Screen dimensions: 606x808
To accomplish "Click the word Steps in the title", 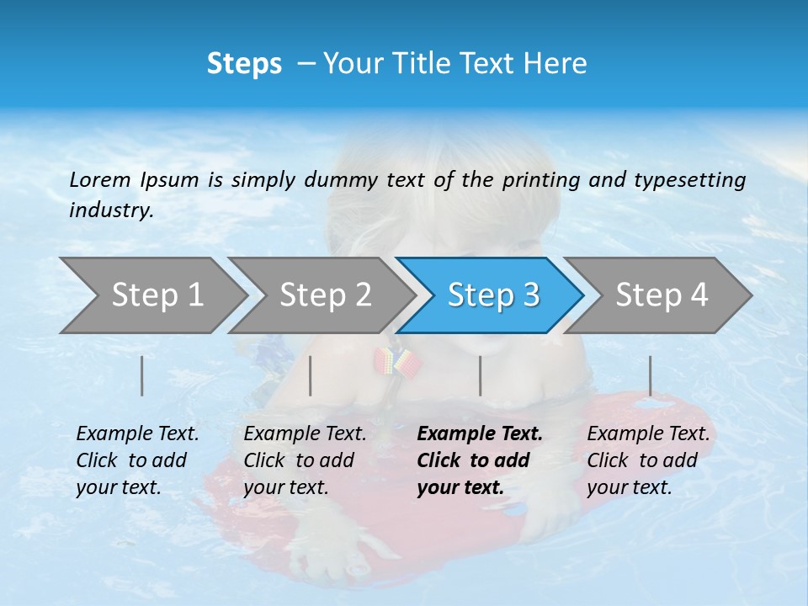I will pyautogui.click(x=244, y=63).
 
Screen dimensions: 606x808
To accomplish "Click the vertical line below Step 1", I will pyautogui.click(x=141, y=375).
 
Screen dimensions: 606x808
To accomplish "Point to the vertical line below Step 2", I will pyautogui.click(x=311, y=375).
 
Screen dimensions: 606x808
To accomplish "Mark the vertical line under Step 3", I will pyautogui.click(x=480, y=375).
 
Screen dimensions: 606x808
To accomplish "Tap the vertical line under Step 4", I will pyautogui.click(x=650, y=375).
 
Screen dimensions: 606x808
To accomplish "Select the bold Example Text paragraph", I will pyautogui.click(x=479, y=460).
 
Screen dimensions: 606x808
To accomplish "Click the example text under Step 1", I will pyautogui.click(x=137, y=460).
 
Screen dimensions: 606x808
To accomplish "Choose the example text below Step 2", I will pyautogui.click(x=305, y=460).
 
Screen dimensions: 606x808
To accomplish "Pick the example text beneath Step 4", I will pyautogui.click(x=648, y=460).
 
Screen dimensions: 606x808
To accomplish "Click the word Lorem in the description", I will pyautogui.click(x=99, y=179).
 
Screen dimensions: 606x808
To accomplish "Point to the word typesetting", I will pyautogui.click(x=689, y=180).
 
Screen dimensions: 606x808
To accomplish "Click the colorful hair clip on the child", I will pyautogui.click(x=397, y=362).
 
